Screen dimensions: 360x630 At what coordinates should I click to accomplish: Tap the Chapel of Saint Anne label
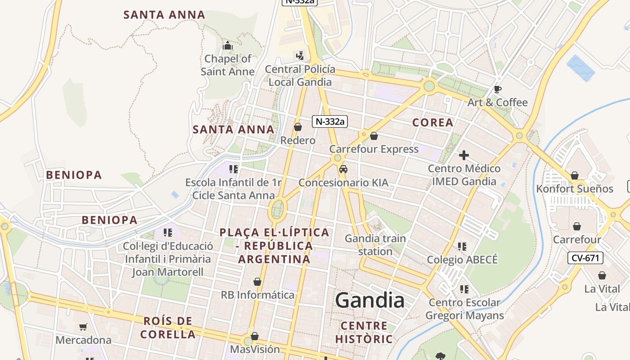point(228,65)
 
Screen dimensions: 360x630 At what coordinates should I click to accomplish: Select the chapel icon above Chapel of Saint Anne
point(228,46)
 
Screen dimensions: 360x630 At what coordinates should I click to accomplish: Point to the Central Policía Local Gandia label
point(300,76)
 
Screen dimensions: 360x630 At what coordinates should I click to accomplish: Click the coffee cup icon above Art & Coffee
point(498,89)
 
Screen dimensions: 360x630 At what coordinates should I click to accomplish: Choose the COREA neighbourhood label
point(432,122)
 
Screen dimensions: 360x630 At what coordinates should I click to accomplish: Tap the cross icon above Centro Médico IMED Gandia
point(464,156)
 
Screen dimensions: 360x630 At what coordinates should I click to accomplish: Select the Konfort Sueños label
point(575,189)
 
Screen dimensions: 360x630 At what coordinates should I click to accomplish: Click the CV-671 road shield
point(585,258)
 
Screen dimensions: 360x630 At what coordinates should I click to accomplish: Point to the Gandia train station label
point(375,245)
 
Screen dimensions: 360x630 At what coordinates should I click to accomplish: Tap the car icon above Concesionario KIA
point(343,169)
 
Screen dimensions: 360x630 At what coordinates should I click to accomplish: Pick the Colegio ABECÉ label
point(462,260)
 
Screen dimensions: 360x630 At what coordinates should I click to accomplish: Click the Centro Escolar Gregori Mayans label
point(465,309)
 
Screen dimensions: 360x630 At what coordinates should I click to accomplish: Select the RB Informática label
point(257,295)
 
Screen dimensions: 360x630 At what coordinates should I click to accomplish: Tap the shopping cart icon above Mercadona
point(83,327)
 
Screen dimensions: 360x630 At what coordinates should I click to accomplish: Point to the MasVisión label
point(255,349)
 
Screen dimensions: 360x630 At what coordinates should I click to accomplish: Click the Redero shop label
point(298,140)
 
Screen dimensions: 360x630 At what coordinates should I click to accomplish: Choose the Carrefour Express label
point(374,149)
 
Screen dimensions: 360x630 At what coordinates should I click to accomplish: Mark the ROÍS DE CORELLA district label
point(168,328)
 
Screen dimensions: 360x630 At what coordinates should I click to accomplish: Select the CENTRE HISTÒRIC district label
point(364,332)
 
